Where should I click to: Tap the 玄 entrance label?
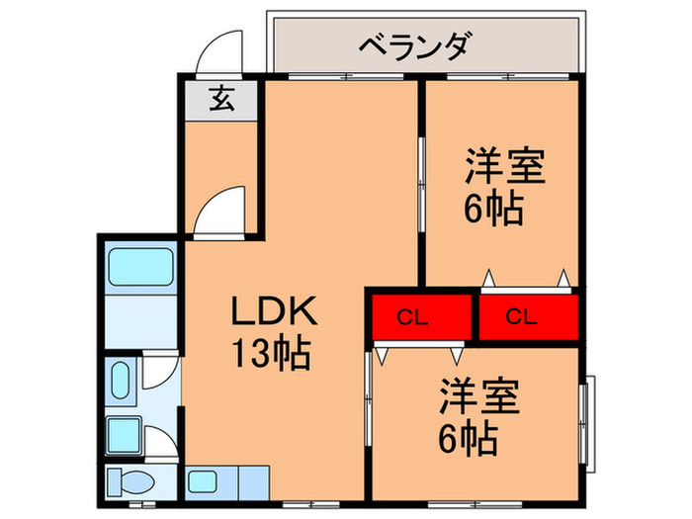[x=220, y=100]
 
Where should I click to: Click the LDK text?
[x=274, y=314]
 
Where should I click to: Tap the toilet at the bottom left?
[x=129, y=483]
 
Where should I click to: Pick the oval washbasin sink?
[x=121, y=382]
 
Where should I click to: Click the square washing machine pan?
[x=123, y=431]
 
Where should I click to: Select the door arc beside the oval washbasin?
[x=158, y=373]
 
